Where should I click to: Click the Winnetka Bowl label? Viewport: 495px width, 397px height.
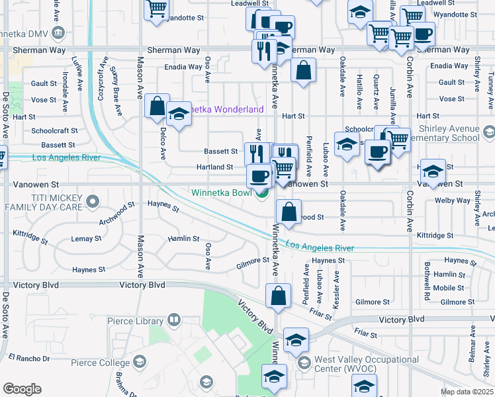[x=223, y=193]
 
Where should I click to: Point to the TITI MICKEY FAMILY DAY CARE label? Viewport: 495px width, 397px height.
[x=42, y=202]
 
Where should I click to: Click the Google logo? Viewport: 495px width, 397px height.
[x=22, y=389]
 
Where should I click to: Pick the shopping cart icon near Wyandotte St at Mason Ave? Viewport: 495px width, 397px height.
[x=157, y=10]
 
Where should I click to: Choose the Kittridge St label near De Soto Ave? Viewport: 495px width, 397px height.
[x=30, y=234]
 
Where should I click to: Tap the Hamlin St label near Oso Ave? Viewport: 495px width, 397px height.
[x=183, y=238]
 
